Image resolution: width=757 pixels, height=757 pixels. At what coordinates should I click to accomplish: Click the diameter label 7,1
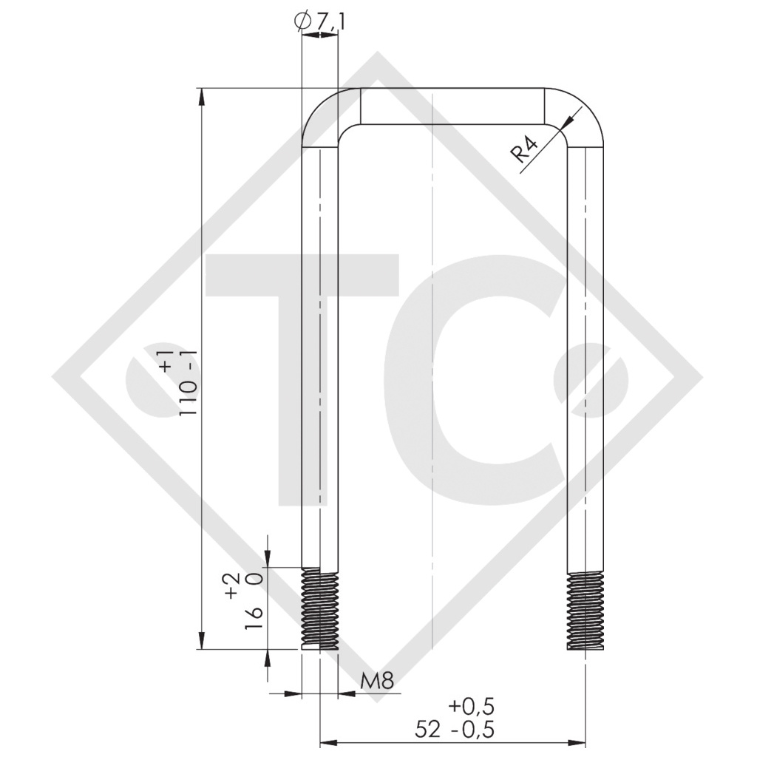[x=332, y=21]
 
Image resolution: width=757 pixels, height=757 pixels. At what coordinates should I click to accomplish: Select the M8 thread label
[x=378, y=681]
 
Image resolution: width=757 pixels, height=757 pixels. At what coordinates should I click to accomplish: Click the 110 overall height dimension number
[x=189, y=390]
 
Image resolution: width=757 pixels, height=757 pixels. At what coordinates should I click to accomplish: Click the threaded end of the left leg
[x=319, y=608]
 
